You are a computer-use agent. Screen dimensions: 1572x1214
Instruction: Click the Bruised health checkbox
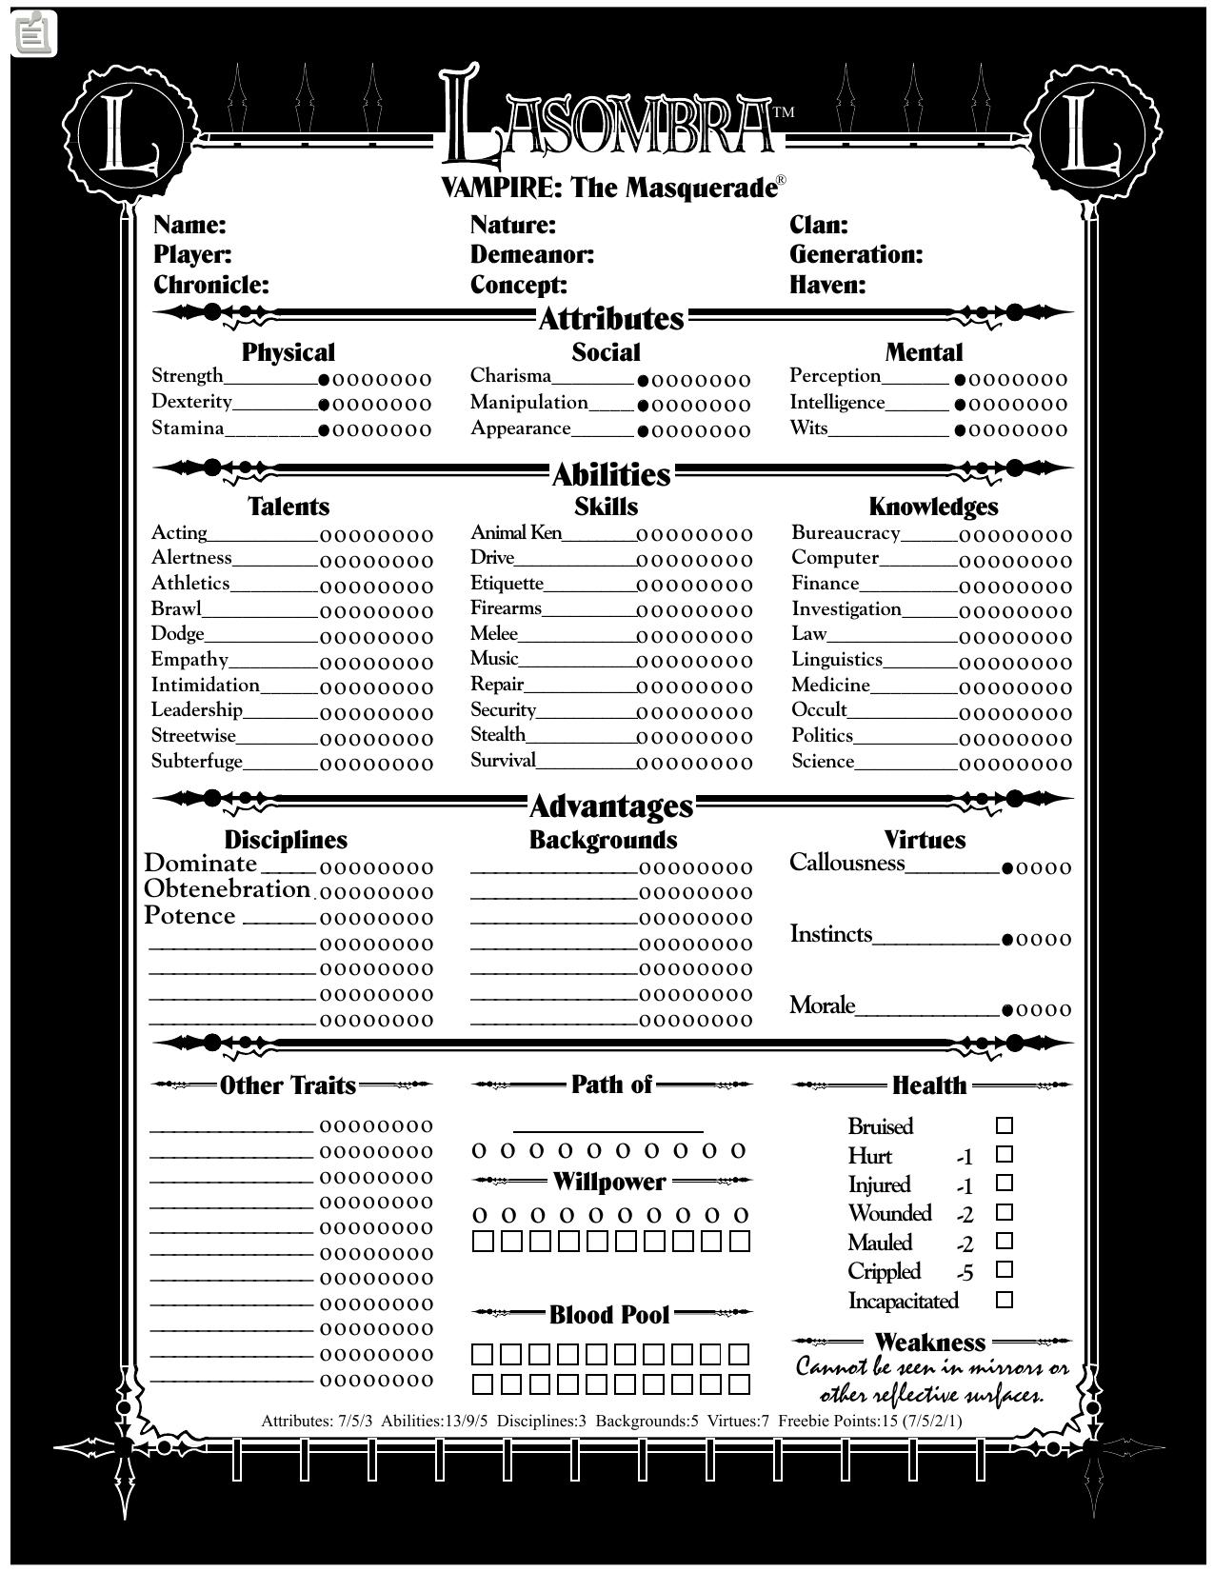click(1004, 1125)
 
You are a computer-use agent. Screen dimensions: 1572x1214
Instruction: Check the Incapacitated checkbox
click(1004, 1300)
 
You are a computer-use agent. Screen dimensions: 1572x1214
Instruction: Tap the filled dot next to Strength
click(324, 379)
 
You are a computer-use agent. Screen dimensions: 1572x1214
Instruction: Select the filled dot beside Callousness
click(1007, 868)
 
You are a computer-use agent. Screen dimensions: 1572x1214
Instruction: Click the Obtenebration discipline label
click(227, 889)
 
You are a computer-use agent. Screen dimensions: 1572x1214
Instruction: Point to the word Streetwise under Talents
click(193, 736)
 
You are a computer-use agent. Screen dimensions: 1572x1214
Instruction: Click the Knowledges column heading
click(933, 507)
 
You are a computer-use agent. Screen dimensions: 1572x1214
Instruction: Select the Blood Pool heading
click(609, 1315)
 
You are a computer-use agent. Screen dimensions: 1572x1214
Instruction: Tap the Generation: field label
click(856, 254)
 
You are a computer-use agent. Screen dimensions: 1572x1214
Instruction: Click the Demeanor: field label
click(531, 254)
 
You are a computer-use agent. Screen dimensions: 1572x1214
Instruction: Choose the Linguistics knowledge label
click(837, 660)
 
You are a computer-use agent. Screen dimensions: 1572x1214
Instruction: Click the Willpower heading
click(609, 1182)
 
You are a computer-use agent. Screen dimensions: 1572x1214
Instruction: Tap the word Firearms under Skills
click(506, 608)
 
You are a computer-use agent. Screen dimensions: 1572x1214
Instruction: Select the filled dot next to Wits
click(960, 430)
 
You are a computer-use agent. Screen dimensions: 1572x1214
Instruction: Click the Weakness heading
click(929, 1343)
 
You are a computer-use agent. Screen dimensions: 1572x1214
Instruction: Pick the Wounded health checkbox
click(1004, 1213)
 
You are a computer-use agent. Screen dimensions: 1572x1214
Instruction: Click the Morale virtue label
click(823, 1006)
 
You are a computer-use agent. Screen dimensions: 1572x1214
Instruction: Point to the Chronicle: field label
click(211, 285)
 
